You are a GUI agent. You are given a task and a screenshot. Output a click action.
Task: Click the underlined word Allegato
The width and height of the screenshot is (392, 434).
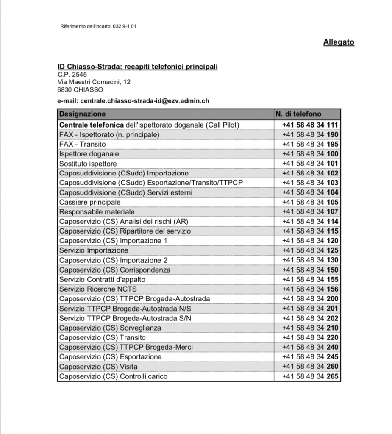[339, 42]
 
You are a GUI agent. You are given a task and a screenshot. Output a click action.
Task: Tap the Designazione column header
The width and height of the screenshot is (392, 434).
[83, 114]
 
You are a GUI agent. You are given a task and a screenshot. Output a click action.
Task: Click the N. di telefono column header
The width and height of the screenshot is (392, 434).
[298, 114]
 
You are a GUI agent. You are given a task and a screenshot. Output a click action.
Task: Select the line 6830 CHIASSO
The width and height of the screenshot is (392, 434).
[80, 89]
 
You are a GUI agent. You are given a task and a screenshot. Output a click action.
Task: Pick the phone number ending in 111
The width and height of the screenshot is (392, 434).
[310, 125]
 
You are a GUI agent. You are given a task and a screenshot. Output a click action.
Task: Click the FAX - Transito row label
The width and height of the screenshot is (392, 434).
[83, 145]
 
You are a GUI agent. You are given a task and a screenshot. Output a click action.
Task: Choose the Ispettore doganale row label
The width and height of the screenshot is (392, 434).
[89, 154]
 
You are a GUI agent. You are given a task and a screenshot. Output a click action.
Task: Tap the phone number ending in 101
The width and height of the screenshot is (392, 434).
[310, 164]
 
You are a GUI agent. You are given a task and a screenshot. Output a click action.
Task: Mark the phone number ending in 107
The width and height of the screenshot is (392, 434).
[310, 212]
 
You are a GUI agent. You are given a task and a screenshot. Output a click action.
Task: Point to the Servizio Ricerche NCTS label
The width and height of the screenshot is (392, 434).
[98, 289]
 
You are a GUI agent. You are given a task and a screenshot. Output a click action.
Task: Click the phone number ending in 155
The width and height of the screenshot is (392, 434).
[310, 279]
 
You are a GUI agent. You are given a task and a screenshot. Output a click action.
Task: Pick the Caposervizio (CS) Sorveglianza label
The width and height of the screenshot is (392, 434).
[110, 328]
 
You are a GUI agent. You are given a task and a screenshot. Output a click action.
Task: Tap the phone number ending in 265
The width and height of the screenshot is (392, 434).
[310, 376]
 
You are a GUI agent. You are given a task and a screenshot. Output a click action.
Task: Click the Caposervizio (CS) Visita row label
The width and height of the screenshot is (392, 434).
[98, 367]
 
